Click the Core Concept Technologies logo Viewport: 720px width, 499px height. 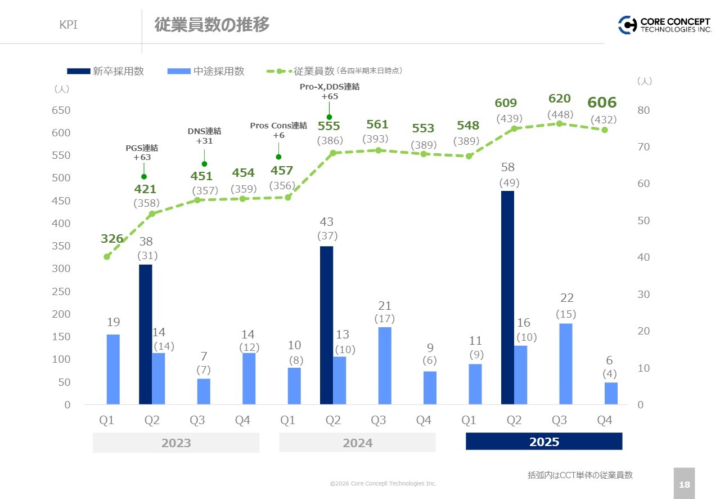coord(664,25)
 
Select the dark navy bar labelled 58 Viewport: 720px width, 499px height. coord(507,297)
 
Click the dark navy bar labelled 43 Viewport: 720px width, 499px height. coord(326,325)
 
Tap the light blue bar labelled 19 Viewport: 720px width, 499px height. coord(113,369)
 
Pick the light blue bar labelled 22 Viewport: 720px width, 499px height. coord(566,364)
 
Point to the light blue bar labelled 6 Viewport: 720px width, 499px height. coord(611,393)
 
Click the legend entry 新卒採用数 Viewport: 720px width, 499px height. coord(106,71)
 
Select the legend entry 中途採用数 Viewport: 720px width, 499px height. coord(206,71)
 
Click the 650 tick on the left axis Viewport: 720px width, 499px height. coord(62,110)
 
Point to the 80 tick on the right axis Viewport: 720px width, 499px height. coord(645,110)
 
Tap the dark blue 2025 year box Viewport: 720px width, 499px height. coord(544,442)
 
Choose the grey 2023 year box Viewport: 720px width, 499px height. coord(176,443)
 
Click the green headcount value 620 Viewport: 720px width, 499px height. coord(559,99)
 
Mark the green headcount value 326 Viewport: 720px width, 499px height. coord(112,239)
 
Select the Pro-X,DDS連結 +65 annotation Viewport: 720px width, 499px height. coord(329,91)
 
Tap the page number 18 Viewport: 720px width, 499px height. coord(684,484)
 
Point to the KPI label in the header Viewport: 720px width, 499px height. coord(68,25)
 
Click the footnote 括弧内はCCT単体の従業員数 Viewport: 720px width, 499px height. coord(580,475)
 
